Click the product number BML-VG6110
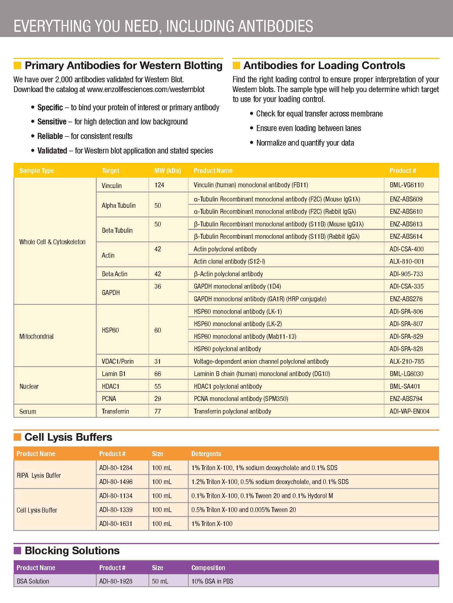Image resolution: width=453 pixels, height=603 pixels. [x=406, y=185]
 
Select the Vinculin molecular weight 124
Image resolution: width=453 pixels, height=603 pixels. [x=159, y=185]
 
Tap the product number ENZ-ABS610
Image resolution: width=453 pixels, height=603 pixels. [x=406, y=211]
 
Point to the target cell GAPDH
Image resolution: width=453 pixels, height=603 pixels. [x=111, y=292]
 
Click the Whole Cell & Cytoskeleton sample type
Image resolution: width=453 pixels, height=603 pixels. [x=52, y=242]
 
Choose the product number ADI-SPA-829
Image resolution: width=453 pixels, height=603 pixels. [x=406, y=336]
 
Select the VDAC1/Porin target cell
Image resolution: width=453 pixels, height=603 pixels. [x=117, y=361]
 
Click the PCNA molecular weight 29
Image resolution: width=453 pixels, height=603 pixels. [x=157, y=399]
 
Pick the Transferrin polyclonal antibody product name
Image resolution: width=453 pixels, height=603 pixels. [x=232, y=411]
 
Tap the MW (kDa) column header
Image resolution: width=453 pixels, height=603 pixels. [x=168, y=170]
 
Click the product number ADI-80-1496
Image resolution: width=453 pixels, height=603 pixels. [x=116, y=482]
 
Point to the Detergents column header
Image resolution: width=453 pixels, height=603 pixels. [x=206, y=454]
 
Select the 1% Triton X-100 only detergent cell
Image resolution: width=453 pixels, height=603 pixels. [x=212, y=524]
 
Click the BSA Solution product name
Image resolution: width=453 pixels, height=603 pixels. [x=33, y=581]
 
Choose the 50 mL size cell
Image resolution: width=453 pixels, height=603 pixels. [x=160, y=581]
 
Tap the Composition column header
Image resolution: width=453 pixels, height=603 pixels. [x=208, y=568]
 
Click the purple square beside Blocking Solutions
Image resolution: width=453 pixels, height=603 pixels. [x=18, y=550]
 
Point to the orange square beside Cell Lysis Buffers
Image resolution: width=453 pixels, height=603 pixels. [x=18, y=437]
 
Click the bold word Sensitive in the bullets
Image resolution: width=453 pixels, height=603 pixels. [x=52, y=122]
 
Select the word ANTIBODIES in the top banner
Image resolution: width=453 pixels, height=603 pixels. [x=275, y=26]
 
